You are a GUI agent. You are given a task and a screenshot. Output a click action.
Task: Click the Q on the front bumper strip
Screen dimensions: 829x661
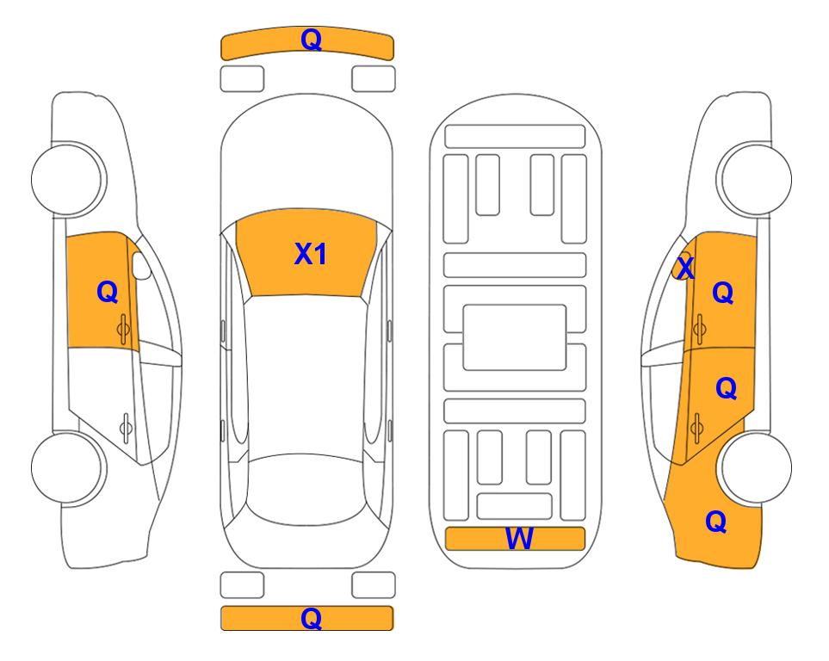click(311, 40)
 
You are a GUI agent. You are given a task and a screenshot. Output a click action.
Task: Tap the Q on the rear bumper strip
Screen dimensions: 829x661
click(311, 618)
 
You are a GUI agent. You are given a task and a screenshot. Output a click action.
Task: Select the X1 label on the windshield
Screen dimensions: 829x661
click(311, 254)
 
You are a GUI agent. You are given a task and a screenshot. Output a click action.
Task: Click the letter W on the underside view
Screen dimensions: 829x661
click(519, 539)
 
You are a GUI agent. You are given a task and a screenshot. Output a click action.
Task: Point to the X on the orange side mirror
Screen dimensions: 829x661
click(685, 268)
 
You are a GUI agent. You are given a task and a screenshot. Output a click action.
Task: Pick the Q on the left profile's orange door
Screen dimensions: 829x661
click(107, 292)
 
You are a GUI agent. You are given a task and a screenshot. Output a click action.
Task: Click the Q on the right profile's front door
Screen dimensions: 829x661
click(723, 293)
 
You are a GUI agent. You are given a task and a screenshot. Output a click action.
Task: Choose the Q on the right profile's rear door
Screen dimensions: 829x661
click(726, 389)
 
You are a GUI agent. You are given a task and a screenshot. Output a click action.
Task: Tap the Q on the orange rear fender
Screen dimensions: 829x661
click(716, 522)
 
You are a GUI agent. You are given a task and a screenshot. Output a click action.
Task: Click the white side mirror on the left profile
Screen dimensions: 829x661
click(141, 265)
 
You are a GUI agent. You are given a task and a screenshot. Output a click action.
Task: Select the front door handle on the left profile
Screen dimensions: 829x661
click(124, 329)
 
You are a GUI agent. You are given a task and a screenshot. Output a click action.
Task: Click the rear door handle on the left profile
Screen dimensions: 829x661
click(126, 427)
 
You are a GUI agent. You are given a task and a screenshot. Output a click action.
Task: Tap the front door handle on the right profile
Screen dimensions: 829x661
click(699, 329)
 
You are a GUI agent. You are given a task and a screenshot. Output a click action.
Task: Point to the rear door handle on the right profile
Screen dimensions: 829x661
click(696, 427)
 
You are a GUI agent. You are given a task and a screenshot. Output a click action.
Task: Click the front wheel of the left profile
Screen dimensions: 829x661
click(68, 179)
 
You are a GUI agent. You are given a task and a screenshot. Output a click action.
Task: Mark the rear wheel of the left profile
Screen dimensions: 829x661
click(68, 468)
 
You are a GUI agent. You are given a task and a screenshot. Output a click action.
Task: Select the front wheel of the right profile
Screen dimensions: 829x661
click(755, 179)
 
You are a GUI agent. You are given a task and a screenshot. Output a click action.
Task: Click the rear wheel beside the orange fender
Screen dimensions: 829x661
click(756, 468)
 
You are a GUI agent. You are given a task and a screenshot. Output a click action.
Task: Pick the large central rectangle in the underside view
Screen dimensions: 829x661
click(515, 337)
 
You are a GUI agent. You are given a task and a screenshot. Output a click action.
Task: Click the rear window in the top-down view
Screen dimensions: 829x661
click(309, 491)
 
